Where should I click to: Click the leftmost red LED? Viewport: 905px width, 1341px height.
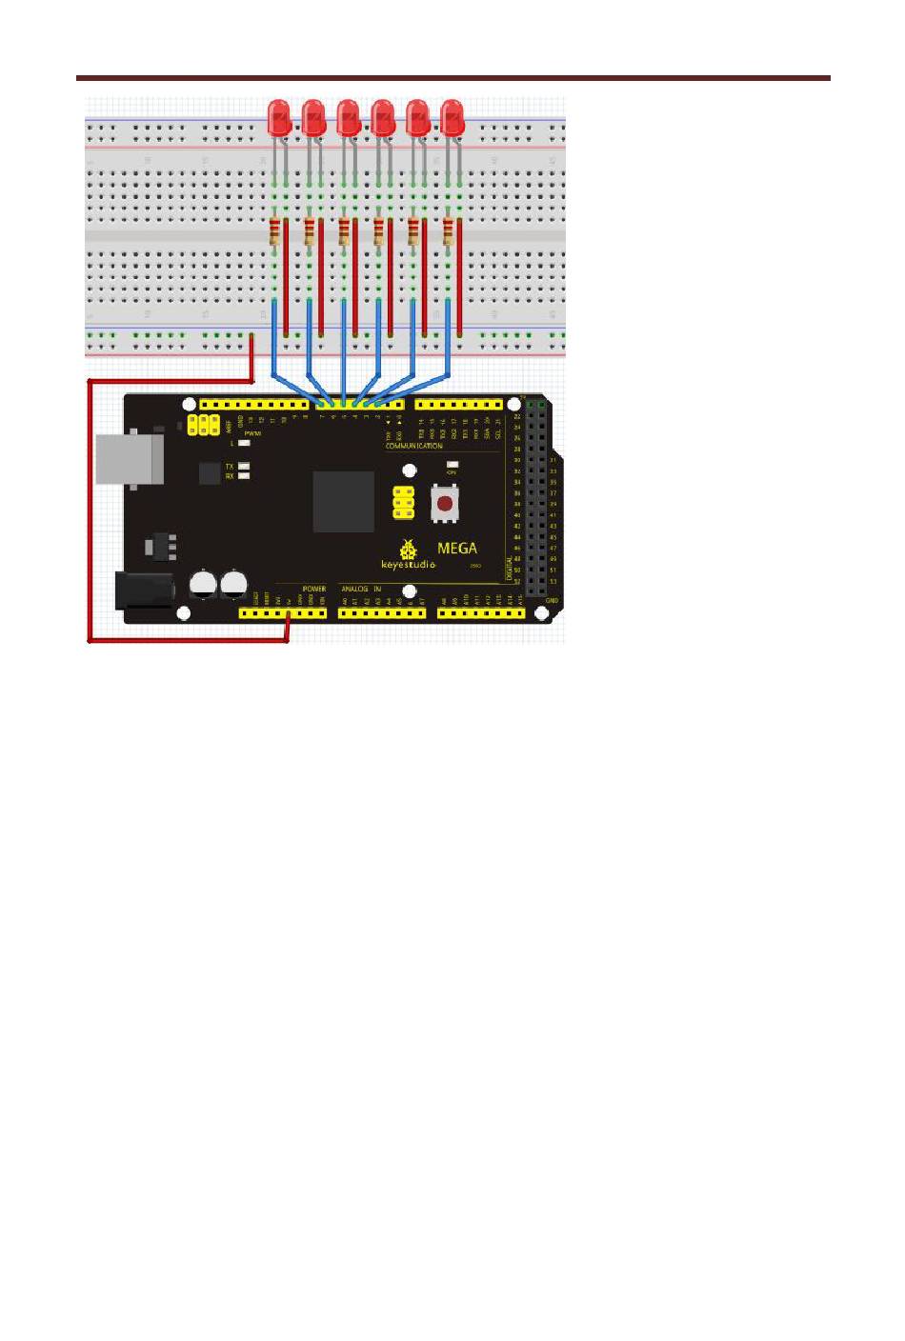(279, 118)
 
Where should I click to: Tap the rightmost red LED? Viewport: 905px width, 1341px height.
(452, 118)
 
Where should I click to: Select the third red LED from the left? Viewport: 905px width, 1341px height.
(349, 118)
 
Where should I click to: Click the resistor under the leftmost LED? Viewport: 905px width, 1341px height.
(275, 232)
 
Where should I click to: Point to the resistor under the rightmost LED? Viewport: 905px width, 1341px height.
(448, 232)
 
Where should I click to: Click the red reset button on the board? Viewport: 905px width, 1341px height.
(444, 503)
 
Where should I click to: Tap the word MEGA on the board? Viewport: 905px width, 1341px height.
(456, 549)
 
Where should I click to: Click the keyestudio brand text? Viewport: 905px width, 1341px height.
(409, 564)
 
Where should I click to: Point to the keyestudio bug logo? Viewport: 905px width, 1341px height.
(410, 549)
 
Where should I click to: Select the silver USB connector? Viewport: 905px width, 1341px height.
(130, 461)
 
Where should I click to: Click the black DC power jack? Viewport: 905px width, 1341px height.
(143, 590)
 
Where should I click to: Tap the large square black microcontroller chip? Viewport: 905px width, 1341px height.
(344, 501)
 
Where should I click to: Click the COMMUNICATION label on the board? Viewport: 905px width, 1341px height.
(413, 446)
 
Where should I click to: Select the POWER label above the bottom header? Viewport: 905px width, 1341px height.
(313, 590)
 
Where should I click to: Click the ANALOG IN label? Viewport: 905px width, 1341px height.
(361, 590)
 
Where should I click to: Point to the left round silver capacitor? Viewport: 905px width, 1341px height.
(204, 584)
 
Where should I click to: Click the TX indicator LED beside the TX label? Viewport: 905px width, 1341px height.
(245, 466)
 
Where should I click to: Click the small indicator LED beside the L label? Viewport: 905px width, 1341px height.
(245, 444)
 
